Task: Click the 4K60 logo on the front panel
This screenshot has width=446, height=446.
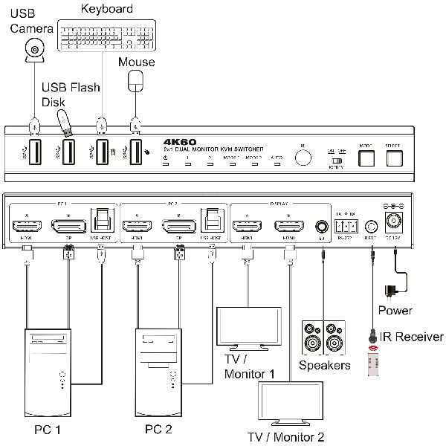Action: (x=178, y=140)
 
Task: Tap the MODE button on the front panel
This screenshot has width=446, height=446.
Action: (x=366, y=158)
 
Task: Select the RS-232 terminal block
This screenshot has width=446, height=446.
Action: (x=347, y=222)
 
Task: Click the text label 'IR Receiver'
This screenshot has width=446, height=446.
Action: (x=411, y=337)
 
